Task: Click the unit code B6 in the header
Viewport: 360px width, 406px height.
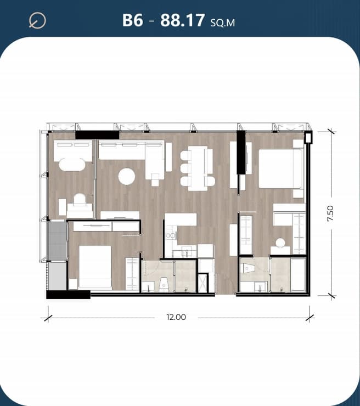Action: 133,20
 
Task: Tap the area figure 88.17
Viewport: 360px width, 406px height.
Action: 183,20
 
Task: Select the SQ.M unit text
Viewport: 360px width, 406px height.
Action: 223,23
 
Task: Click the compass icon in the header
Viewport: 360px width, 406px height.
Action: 37,20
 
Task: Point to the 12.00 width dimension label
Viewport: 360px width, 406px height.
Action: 176,317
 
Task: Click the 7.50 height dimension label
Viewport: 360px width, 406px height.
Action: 330,213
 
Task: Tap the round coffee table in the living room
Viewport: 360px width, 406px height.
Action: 127,177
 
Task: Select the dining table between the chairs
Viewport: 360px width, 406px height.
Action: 198,168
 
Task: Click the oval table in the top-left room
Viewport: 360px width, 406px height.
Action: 72,165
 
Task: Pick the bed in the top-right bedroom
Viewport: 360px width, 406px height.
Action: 281,168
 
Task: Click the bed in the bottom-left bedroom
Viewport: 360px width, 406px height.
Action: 95,267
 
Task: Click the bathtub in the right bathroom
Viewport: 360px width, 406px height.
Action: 298,274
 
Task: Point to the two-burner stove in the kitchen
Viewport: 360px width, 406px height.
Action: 171,235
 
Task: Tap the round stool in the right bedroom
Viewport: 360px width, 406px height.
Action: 280,243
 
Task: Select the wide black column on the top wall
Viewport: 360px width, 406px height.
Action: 97,135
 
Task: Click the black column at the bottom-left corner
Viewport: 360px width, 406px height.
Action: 69,295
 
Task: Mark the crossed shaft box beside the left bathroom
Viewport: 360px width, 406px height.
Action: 203,283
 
